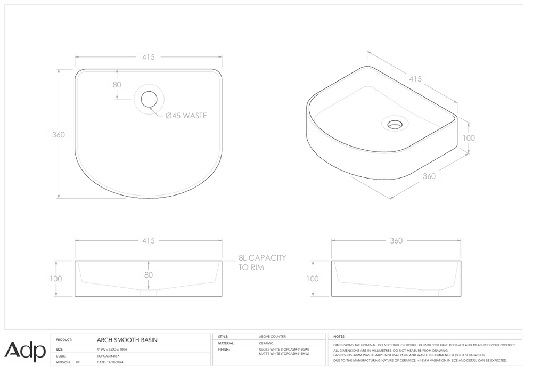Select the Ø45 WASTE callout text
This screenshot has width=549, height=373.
coord(186,116)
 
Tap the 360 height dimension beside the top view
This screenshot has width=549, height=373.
coord(58,135)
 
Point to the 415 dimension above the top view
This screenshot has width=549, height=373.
coord(148,57)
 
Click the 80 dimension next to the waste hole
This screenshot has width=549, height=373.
coord(117,84)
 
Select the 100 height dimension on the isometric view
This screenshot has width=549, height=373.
coord(469,138)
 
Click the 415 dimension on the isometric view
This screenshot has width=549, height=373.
coord(415,79)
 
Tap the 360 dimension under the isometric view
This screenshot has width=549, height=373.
coord(429,176)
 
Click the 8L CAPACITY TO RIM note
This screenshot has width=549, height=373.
coord(262,262)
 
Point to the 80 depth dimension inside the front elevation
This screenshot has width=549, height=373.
coord(148,275)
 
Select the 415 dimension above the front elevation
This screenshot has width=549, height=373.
coord(148,241)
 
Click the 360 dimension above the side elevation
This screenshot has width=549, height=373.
coord(396,241)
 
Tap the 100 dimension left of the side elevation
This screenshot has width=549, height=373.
coord(313,279)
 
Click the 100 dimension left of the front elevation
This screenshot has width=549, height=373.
coord(56,279)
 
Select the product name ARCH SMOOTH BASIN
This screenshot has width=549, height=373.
coord(127,339)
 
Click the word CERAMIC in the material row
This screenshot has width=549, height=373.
coord(266,343)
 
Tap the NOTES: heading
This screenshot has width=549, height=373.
coord(339,337)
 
